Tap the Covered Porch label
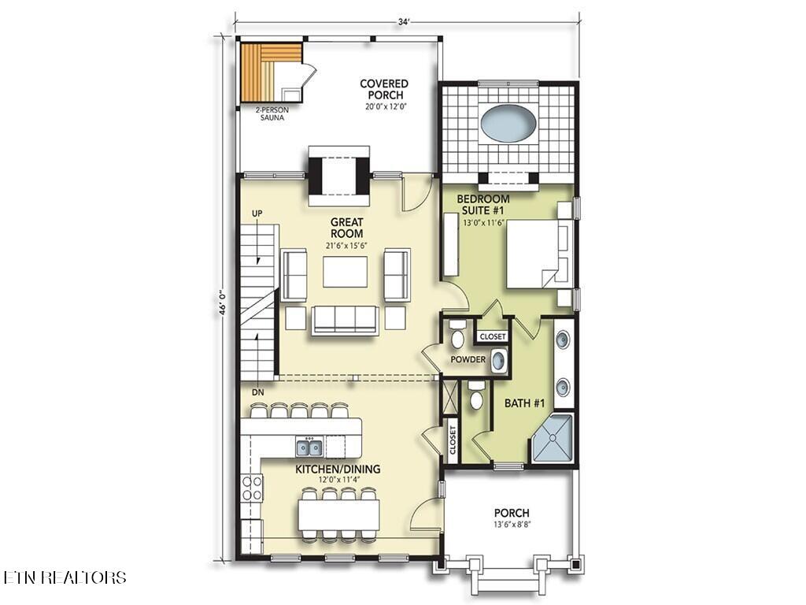[x=384, y=90]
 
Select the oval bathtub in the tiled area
[x=508, y=124]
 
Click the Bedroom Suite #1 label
[x=483, y=205]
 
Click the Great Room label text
[x=346, y=228]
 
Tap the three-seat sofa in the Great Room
[x=345, y=319]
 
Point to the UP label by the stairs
[x=257, y=213]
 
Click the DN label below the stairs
[x=257, y=392]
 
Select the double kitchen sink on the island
[x=309, y=447]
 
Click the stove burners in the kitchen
[x=252, y=488]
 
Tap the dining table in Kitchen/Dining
[x=338, y=514]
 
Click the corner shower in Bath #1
[x=553, y=438]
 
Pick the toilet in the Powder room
[x=457, y=337]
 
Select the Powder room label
[x=468, y=360]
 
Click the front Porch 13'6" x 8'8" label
[x=512, y=517]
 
